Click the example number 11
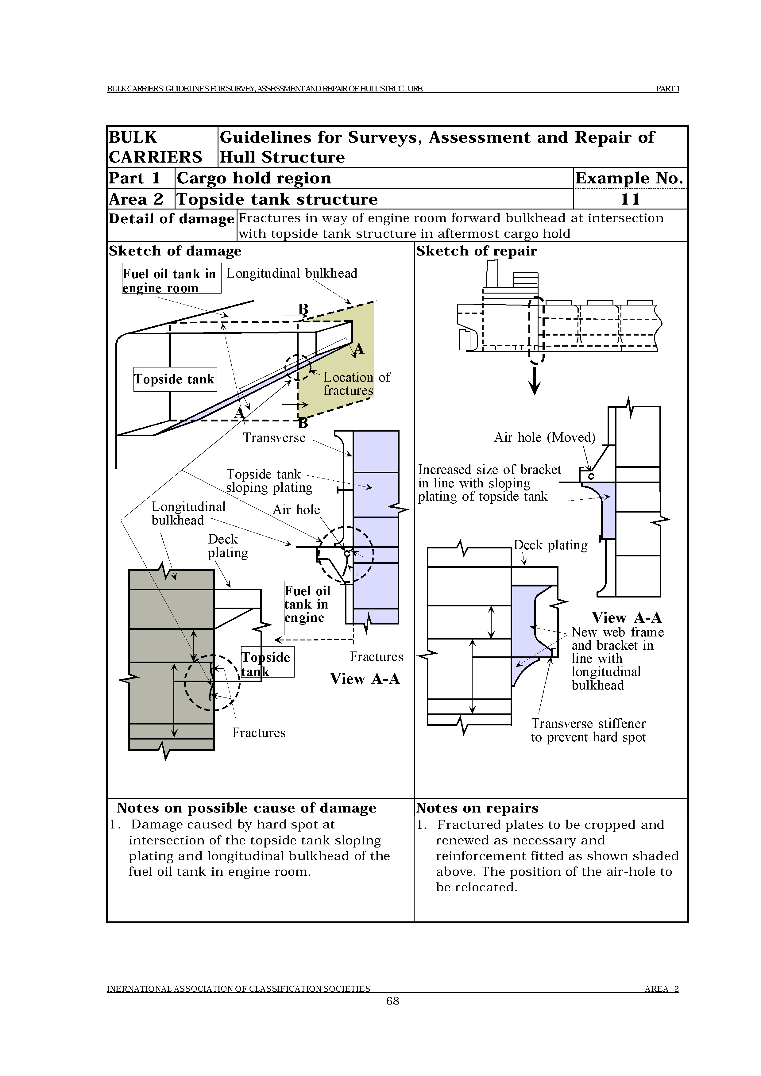coord(630,199)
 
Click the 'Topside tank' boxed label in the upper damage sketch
coord(174,379)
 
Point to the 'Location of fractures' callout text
coord(356,384)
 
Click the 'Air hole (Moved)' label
coord(544,437)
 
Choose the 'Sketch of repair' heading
coord(476,251)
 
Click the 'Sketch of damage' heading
coord(175,251)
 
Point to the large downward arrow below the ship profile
coord(535,382)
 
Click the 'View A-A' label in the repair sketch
coord(626,618)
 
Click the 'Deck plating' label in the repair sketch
coord(550,545)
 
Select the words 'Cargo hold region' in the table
coord(254,178)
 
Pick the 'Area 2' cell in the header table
coord(136,199)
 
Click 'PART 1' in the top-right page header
coord(667,89)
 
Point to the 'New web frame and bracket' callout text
coord(617,659)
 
